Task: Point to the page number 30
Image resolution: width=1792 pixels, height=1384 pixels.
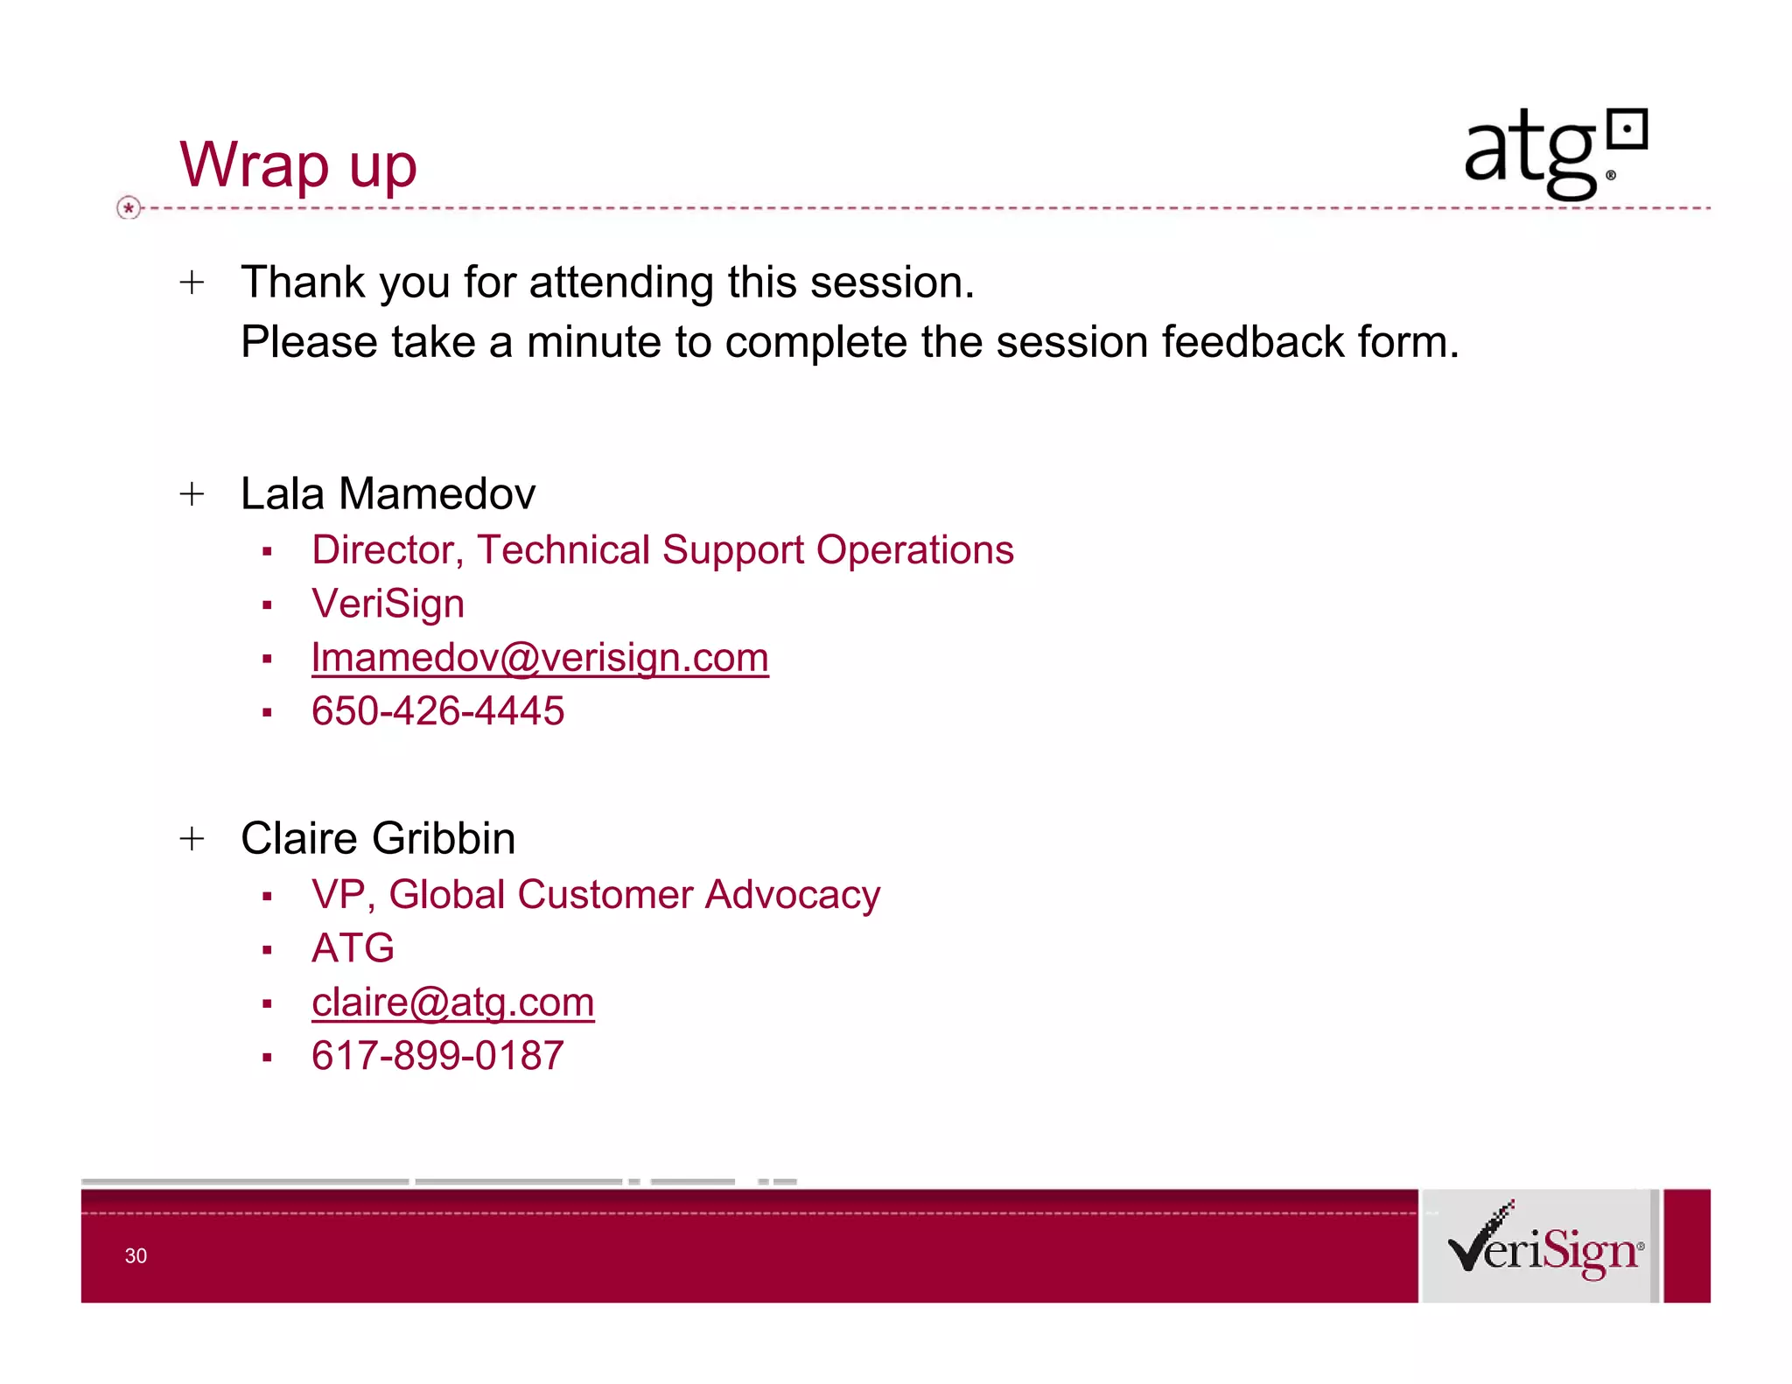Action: (136, 1256)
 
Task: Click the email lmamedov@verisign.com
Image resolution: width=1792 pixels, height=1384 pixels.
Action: (540, 658)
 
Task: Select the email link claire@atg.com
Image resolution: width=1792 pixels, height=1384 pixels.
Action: (452, 1003)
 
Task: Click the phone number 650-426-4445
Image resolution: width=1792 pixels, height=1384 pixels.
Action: (437, 711)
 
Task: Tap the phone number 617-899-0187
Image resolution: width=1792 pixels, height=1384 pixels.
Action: (437, 1056)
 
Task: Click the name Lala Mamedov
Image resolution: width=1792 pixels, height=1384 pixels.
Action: (388, 494)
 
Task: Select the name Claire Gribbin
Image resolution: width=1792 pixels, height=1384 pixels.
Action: (378, 839)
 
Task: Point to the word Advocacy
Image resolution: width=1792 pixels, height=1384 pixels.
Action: (793, 895)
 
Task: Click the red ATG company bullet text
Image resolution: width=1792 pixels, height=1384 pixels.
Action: (353, 948)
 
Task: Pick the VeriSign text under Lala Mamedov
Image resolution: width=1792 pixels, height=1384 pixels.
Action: (388, 604)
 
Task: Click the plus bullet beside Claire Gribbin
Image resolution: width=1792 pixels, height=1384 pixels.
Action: (192, 839)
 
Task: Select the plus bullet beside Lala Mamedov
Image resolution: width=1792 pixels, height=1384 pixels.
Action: (192, 494)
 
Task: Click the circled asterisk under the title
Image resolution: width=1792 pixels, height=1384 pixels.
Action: (129, 208)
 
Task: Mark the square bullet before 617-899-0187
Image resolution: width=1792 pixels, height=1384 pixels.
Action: (267, 1058)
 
